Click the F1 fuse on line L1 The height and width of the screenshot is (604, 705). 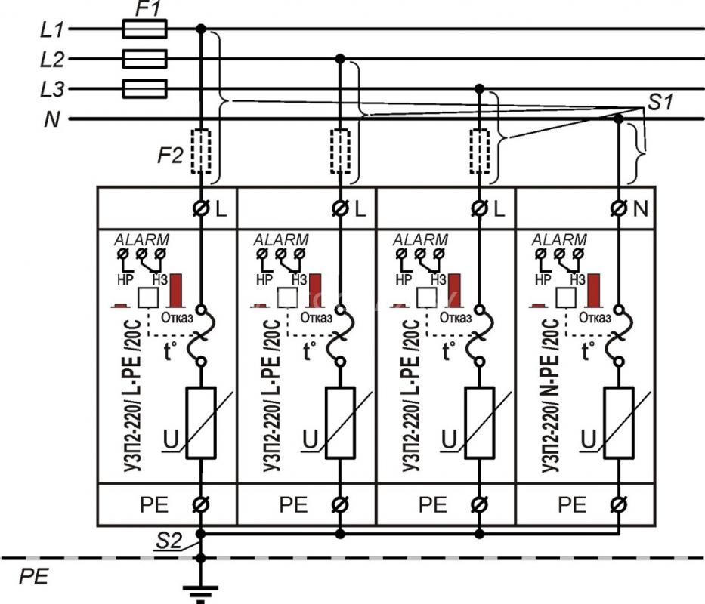145,29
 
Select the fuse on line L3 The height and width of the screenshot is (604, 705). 145,89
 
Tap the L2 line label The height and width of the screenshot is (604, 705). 52,60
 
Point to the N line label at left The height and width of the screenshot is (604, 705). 52,119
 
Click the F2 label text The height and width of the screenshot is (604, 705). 170,156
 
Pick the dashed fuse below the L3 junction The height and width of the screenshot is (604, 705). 480,152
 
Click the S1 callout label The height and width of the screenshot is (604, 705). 660,103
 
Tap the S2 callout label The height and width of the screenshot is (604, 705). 169,541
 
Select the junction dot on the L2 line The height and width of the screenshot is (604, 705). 340,59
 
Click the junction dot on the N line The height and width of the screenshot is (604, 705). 619,119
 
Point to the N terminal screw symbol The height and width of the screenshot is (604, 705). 619,208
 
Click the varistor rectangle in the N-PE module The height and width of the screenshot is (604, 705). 619,423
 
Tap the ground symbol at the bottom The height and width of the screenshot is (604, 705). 200,593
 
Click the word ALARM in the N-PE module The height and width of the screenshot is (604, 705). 559,239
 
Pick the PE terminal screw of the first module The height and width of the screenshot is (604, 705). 200,504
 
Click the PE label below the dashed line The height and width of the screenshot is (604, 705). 34,577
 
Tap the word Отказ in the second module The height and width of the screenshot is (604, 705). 316,318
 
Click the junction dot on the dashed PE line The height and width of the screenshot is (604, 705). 201,558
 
